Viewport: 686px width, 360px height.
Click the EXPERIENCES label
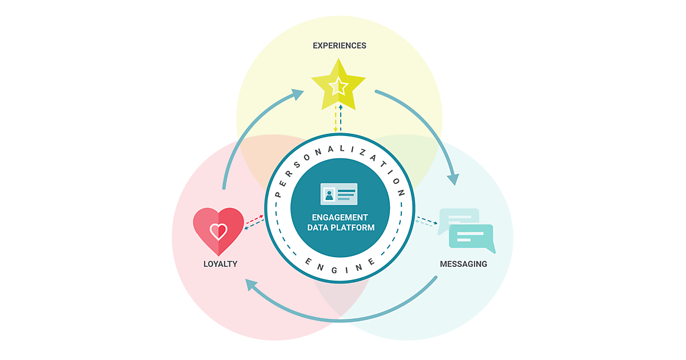tap(339, 45)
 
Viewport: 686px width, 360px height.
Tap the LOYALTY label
tap(220, 264)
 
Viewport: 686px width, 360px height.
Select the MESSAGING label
tap(463, 264)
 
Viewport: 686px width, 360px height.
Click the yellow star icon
tap(338, 85)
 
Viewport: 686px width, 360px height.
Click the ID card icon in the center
tap(338, 194)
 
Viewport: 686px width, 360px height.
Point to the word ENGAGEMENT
tap(340, 217)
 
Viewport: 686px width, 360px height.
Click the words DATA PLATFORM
tap(340, 227)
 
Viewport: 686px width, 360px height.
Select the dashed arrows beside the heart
tap(254, 222)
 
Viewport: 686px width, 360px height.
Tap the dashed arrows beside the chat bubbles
tap(426, 222)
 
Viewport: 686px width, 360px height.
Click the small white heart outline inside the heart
tap(218, 231)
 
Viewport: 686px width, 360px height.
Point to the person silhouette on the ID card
tap(329, 195)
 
